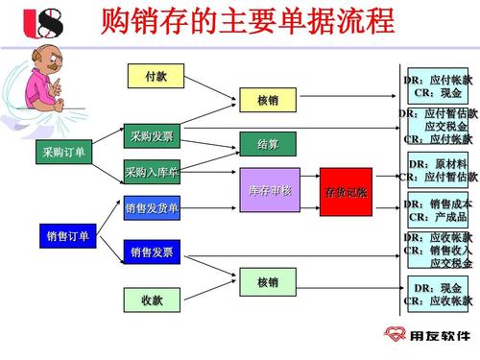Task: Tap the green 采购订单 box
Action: [64, 153]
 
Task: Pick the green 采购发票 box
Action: [152, 136]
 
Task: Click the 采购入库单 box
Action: [152, 173]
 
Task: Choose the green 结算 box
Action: [268, 145]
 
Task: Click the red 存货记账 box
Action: [346, 191]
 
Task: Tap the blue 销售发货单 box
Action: [152, 207]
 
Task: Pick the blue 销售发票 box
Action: [152, 252]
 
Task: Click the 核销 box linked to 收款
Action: [268, 282]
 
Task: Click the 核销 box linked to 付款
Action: [268, 101]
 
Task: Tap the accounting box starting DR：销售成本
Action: [437, 210]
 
